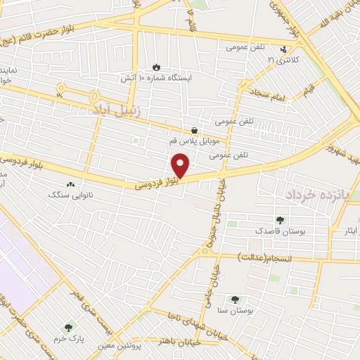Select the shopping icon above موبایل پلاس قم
[x=193, y=130]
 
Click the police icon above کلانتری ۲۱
[x=283, y=49]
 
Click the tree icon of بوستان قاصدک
[x=281, y=219]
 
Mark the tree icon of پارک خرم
[x=68, y=327]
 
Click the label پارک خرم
[x=71, y=338]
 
